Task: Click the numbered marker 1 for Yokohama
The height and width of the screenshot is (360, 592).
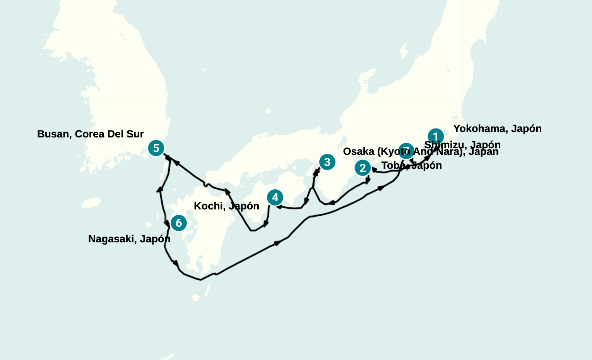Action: point(436,137)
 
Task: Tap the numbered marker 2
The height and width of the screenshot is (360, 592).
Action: point(363,168)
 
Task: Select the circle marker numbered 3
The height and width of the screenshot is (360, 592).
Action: point(327,162)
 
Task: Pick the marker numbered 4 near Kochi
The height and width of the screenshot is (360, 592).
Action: point(275,197)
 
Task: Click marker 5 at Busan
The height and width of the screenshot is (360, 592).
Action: point(156,148)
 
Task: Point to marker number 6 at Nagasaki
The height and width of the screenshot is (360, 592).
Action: point(179,223)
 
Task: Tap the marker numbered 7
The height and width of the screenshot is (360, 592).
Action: point(406,151)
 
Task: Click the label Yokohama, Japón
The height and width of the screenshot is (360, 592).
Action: point(497,129)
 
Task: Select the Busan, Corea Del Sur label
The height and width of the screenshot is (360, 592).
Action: point(91,134)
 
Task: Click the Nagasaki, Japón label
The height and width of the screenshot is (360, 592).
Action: point(129,239)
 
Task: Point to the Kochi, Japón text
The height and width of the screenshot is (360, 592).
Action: point(226,206)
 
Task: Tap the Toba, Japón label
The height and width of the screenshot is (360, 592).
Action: point(412,166)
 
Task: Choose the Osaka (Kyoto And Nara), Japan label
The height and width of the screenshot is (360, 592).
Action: point(421,151)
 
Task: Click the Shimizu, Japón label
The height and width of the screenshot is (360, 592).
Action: point(462,144)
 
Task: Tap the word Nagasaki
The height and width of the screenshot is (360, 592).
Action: point(111,239)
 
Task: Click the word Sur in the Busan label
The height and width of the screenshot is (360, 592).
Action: point(135,134)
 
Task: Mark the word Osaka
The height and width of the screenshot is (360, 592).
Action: point(359,151)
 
